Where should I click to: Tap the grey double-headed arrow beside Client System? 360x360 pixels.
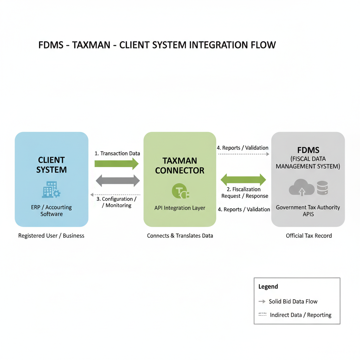118,181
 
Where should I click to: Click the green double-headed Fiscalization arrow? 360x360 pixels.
243,180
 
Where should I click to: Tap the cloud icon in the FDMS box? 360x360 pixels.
301,188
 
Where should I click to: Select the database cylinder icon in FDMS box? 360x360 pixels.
322,188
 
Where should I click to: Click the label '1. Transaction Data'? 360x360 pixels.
117,153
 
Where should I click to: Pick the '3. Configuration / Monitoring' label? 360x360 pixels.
117,202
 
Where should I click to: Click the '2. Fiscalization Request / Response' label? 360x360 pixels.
245,193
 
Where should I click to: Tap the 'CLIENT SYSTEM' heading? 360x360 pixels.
51,165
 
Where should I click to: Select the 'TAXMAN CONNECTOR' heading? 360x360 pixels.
180,166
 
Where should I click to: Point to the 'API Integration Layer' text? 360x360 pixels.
180,208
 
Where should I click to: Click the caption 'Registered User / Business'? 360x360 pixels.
51,236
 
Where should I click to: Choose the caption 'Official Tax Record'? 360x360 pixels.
309,236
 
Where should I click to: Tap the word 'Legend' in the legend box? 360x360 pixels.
268,287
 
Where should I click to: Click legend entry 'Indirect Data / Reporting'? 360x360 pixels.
300,315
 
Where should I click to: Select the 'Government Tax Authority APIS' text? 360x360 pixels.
308,210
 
